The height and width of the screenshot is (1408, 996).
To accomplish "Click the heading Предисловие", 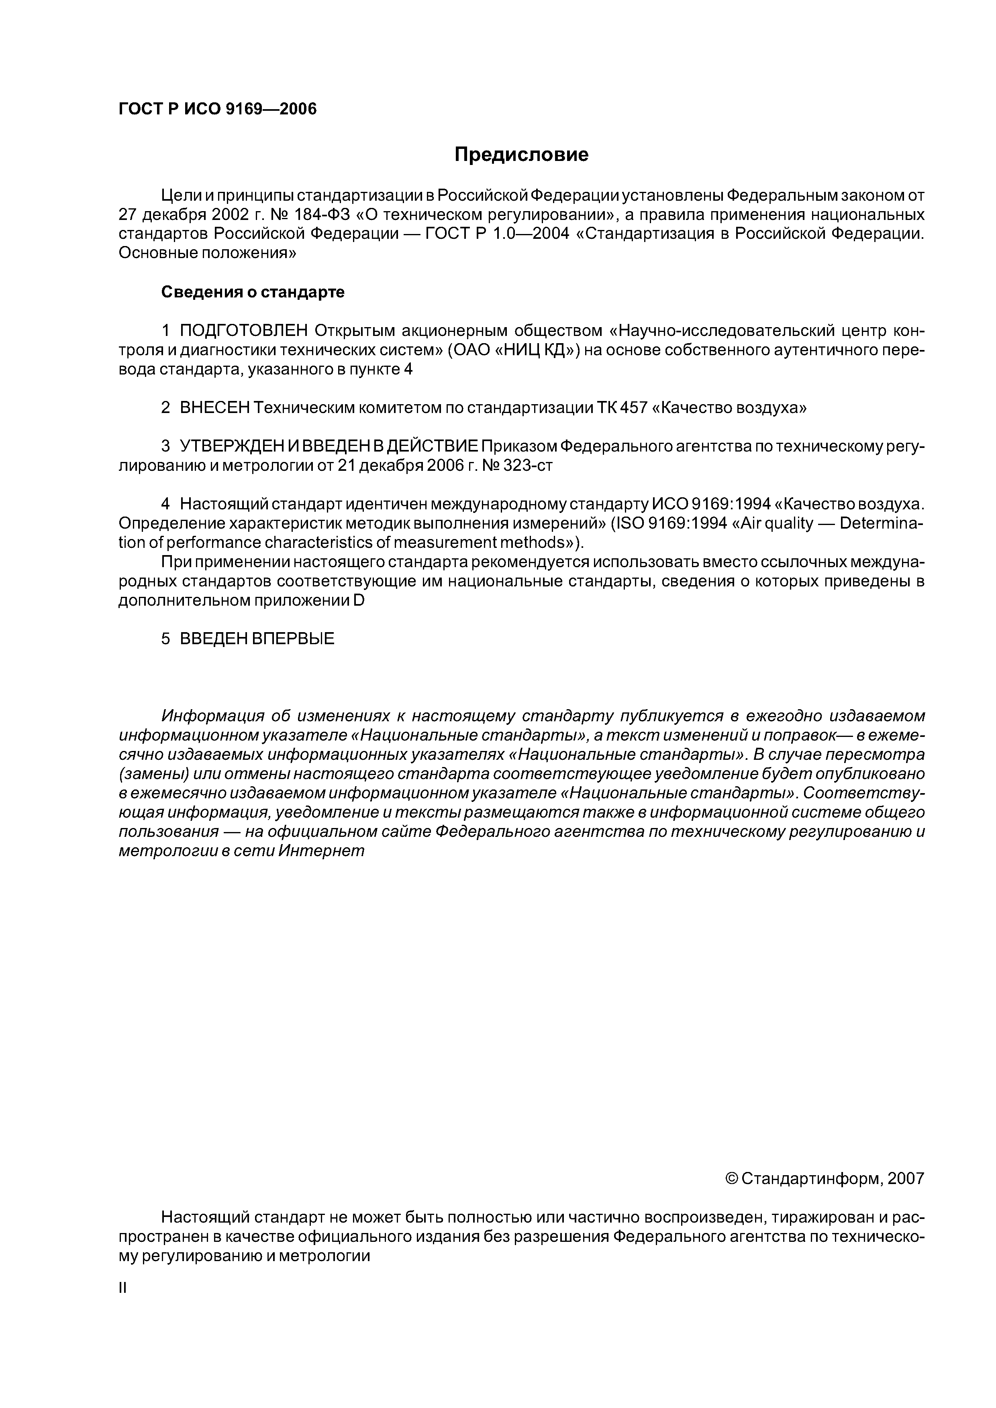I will coord(521,155).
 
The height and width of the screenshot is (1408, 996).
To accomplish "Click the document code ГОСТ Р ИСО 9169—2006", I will coord(218,109).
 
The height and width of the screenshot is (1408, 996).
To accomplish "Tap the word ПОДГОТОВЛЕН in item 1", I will coord(244,331).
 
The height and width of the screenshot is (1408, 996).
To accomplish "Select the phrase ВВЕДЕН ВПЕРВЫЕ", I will coord(257,639).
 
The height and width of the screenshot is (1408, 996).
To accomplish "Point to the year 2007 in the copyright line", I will coord(906,1179).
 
